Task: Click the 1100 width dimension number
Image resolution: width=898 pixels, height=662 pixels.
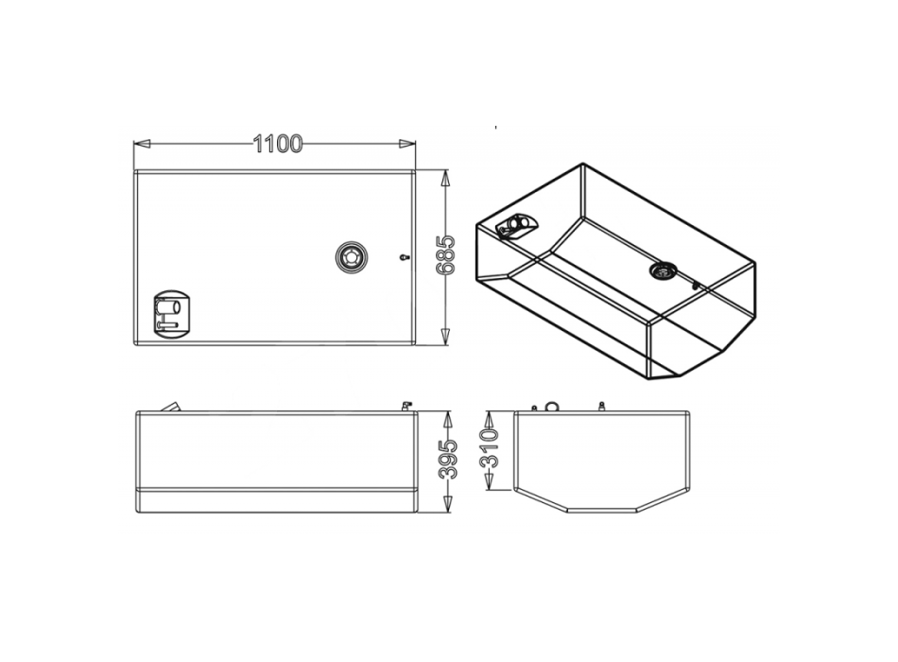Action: [x=277, y=144]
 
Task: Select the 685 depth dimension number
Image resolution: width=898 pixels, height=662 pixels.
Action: [x=446, y=254]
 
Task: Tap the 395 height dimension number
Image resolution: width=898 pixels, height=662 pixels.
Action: [x=447, y=459]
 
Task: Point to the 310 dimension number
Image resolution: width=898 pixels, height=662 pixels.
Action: [x=491, y=448]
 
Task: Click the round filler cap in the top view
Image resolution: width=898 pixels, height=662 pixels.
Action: [x=351, y=256]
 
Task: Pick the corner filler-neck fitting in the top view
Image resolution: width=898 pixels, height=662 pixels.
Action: [x=172, y=315]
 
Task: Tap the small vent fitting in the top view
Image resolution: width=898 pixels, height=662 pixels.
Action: [x=404, y=257]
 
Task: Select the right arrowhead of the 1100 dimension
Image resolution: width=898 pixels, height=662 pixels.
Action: [x=407, y=144]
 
